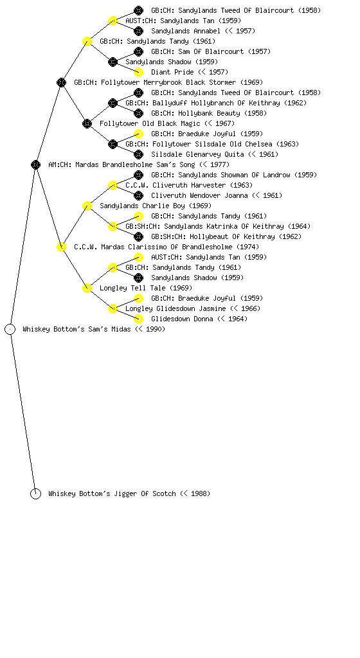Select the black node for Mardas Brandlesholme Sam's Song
pos(35,165)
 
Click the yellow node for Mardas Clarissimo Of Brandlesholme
pos(61,247)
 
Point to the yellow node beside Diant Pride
pos(138,72)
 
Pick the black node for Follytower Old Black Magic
pos(87,124)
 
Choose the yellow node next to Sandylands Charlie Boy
pos(87,206)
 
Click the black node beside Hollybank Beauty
pos(138,113)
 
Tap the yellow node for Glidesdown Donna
pos(138,319)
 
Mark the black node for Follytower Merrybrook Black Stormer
pos(61,83)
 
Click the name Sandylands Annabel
pos(185,31)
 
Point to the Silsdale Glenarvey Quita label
pos(197,154)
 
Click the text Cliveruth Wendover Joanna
pos(199,195)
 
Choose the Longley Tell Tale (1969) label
pos(146,289)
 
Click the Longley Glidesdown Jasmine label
pos(175,309)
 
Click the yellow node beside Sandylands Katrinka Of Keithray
pos(113,227)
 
